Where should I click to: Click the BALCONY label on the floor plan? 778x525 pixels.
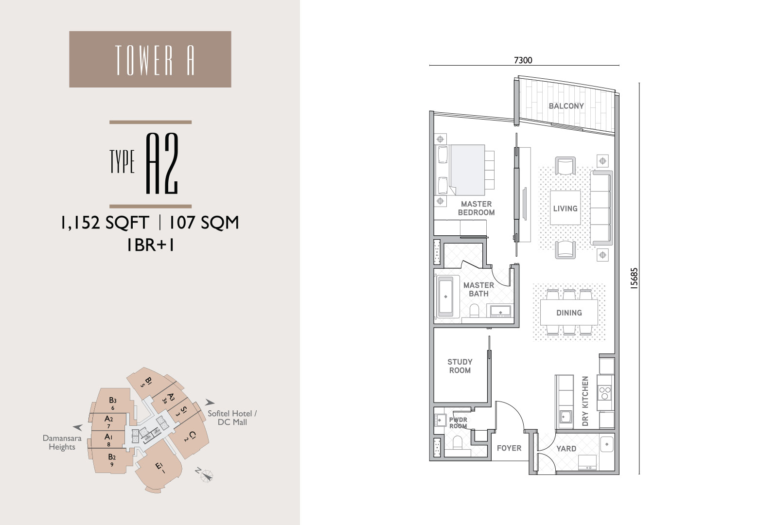[x=566, y=106]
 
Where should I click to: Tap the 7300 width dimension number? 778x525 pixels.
[x=523, y=60]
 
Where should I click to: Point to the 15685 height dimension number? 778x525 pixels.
[x=634, y=278]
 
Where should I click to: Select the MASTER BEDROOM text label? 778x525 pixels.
[x=476, y=208]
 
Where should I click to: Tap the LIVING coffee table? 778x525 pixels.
[x=565, y=208]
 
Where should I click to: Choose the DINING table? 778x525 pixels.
[x=569, y=313]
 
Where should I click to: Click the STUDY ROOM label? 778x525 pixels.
[x=460, y=366]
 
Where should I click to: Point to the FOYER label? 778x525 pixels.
[x=509, y=448]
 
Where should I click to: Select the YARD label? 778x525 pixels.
[x=566, y=448]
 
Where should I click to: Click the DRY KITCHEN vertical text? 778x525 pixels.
[x=585, y=401]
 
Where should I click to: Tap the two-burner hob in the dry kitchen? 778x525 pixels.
[x=605, y=393]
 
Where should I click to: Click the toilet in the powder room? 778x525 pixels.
[x=458, y=443]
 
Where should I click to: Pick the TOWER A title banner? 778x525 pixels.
[x=150, y=59]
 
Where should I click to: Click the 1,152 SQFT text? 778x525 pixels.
[x=105, y=223]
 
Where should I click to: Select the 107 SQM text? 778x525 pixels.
[x=204, y=223]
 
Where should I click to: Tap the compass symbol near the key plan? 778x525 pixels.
[x=207, y=476]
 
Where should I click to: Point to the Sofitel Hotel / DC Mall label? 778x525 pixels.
[x=232, y=418]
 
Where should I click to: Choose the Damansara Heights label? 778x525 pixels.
[x=62, y=442]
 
